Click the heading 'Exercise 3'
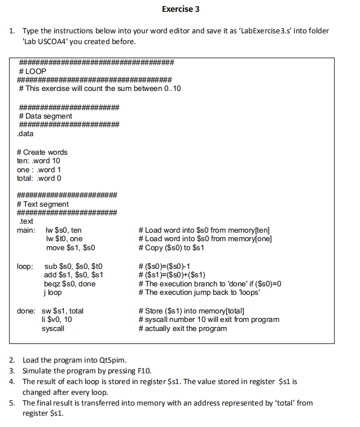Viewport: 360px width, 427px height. point(180,9)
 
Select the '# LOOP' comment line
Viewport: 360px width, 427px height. point(32,71)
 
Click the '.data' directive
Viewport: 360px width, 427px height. point(25,134)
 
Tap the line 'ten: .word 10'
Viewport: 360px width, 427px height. point(38,160)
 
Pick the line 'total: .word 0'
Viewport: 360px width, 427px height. point(39,178)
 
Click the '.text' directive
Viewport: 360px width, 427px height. point(26,221)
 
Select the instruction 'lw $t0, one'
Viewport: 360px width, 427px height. point(64,239)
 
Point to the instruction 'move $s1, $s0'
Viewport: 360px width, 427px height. point(70,247)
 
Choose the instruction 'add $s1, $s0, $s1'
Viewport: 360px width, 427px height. point(73,274)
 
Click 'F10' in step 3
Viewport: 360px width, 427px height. point(144,371)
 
